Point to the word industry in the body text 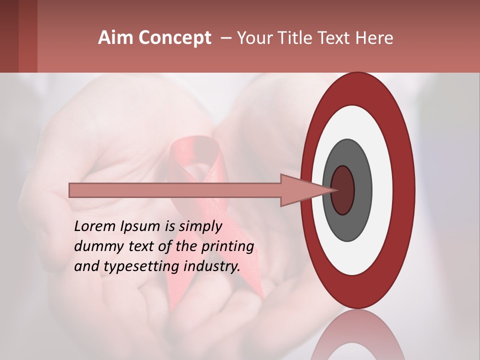(x=216, y=266)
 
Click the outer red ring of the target (x=405, y=190)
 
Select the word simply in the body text (x=201, y=227)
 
